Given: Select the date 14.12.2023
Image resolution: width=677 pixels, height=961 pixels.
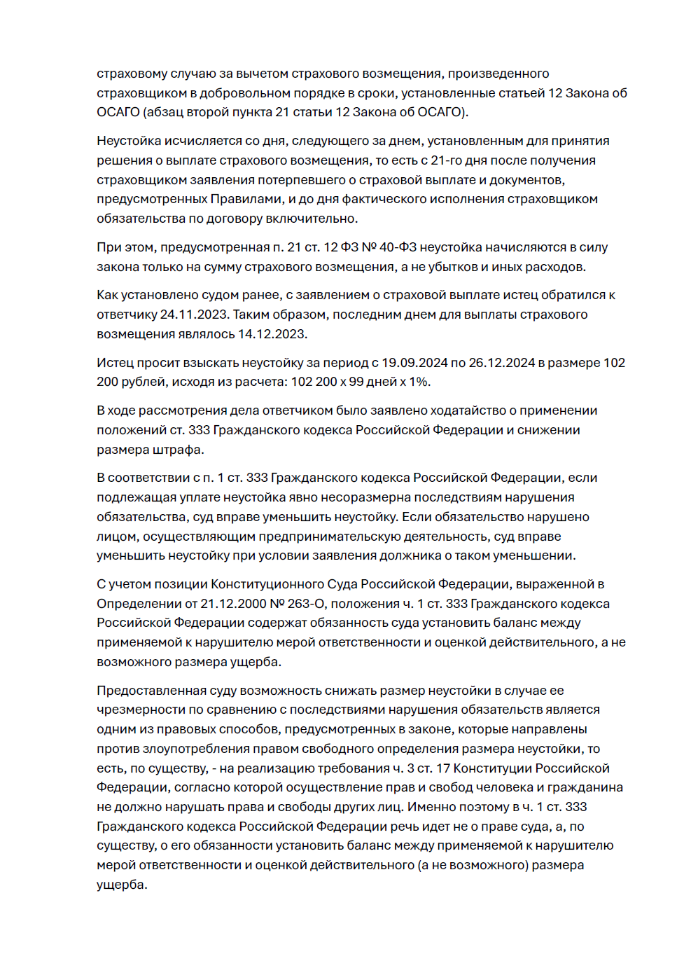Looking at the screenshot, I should point(272,334).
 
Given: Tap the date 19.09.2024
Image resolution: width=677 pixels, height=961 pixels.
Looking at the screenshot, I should point(414,363).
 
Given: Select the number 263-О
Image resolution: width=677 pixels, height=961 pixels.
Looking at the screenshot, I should point(306,604).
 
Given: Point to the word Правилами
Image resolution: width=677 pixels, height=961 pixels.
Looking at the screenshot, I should point(247,199).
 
